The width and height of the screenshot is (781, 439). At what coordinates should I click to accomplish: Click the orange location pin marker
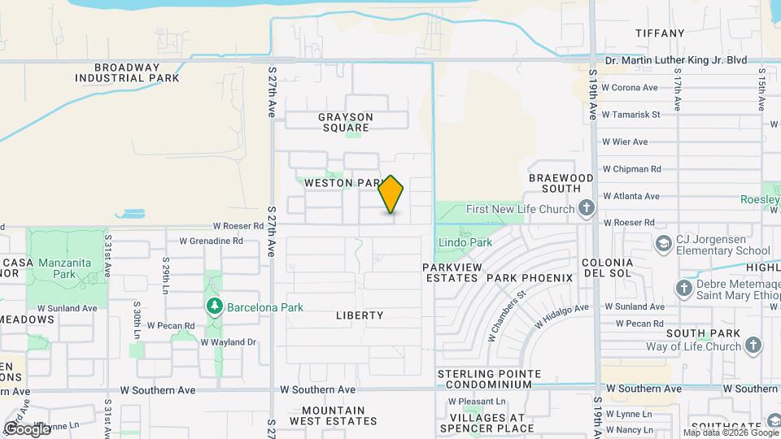[x=391, y=194]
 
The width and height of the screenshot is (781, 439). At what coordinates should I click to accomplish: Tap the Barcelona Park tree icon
[x=215, y=306]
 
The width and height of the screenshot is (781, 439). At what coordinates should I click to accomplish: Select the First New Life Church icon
[x=585, y=209]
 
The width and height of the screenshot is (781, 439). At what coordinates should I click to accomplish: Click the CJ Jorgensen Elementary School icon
[x=664, y=243]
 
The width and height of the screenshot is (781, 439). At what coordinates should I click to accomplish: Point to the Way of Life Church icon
[x=753, y=346]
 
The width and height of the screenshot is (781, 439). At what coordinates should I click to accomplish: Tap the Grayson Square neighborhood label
[x=346, y=122]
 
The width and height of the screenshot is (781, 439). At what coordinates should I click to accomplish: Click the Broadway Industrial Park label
[x=127, y=73]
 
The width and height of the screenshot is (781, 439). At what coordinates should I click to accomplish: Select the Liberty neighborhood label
[x=359, y=315]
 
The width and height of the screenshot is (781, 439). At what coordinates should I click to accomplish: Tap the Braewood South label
[x=561, y=183]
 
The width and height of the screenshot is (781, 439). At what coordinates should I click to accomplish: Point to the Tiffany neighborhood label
[x=660, y=33]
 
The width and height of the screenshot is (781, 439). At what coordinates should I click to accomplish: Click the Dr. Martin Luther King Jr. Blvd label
[x=677, y=60]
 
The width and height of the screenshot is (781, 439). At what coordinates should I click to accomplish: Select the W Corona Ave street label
[x=630, y=87]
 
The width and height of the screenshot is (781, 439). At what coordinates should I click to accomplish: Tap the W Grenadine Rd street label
[x=211, y=241]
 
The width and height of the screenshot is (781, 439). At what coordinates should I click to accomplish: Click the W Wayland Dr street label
[x=229, y=342]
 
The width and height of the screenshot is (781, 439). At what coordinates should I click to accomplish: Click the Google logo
[x=27, y=428]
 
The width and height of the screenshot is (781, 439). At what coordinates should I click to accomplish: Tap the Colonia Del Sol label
[x=607, y=268]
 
